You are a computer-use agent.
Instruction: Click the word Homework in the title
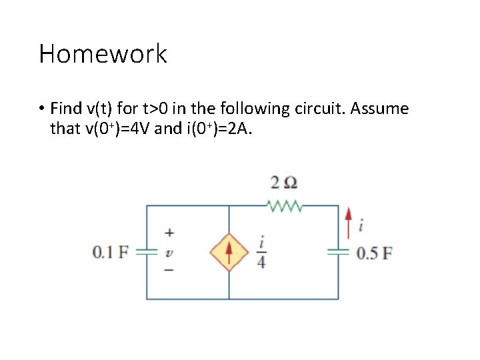pyautogui.click(x=103, y=54)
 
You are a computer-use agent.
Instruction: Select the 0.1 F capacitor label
pyautogui.click(x=111, y=252)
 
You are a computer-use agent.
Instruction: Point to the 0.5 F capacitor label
pyautogui.click(x=374, y=253)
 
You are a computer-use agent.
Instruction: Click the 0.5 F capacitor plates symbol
pyautogui.click(x=338, y=252)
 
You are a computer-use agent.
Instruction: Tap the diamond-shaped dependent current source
pyautogui.click(x=229, y=252)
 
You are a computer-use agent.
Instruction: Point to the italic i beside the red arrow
pyautogui.click(x=361, y=227)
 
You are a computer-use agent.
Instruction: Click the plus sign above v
pyautogui.click(x=169, y=233)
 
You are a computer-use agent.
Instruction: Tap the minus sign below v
pyautogui.click(x=169, y=270)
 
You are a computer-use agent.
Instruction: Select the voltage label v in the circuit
pyautogui.click(x=169, y=252)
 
